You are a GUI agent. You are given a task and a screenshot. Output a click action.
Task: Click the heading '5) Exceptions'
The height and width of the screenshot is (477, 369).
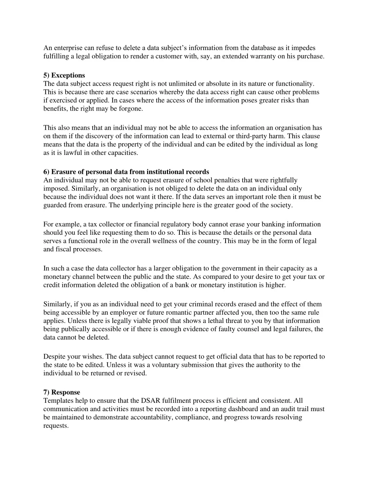[64, 75]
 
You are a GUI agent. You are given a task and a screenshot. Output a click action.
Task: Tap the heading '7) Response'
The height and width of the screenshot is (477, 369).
[62, 392]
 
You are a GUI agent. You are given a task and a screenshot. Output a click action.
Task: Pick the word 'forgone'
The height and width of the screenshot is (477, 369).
[131, 108]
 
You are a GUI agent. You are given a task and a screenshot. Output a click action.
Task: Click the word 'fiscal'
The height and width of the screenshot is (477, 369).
[63, 249]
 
